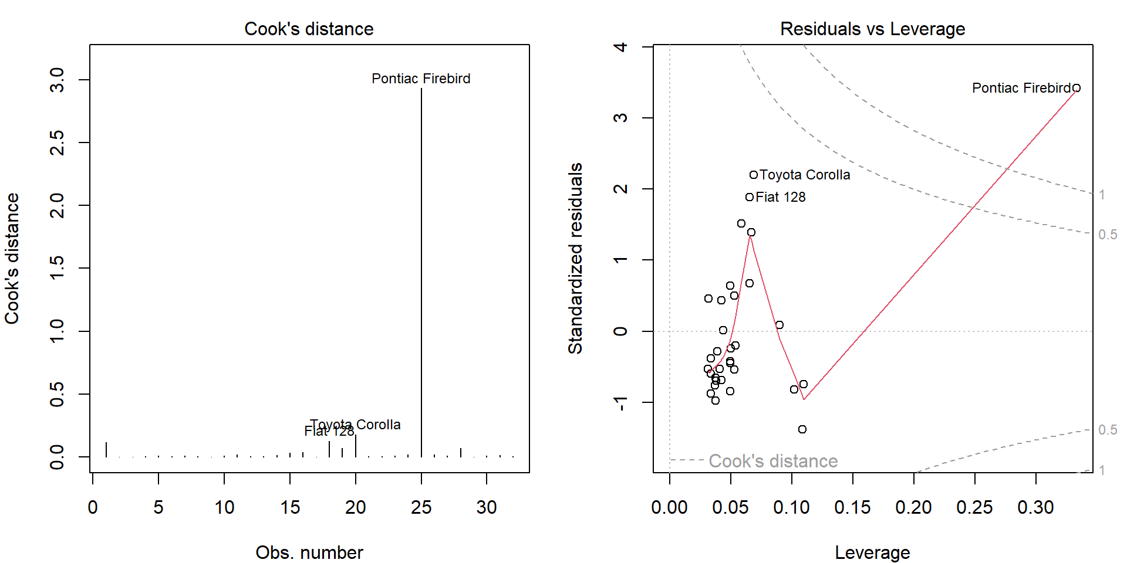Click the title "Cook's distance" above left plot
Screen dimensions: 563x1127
(x=309, y=29)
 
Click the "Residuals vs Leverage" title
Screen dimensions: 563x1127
(x=872, y=29)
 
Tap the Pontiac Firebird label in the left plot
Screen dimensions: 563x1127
(x=421, y=79)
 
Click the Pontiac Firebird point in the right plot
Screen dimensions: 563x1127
(x=1077, y=88)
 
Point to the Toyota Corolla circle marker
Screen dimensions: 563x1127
(x=754, y=175)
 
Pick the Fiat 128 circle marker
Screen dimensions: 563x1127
(x=750, y=197)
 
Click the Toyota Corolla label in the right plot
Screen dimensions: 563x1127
(x=805, y=175)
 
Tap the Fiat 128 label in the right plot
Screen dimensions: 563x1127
(x=781, y=197)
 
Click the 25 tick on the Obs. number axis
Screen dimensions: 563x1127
(x=421, y=507)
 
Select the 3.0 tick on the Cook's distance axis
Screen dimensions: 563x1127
(x=57, y=80)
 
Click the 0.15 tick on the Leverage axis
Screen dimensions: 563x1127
(x=852, y=507)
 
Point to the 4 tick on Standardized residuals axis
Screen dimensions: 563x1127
(x=620, y=47)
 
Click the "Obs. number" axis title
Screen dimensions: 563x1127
(x=309, y=552)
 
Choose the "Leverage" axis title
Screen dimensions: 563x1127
(x=872, y=552)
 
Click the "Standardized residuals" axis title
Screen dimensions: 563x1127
(x=575, y=258)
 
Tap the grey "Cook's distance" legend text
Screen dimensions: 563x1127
(x=773, y=461)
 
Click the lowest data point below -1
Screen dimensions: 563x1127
(x=802, y=429)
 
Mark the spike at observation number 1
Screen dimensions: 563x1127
(x=106, y=449)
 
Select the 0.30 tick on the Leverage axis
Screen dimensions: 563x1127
(x=1035, y=507)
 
